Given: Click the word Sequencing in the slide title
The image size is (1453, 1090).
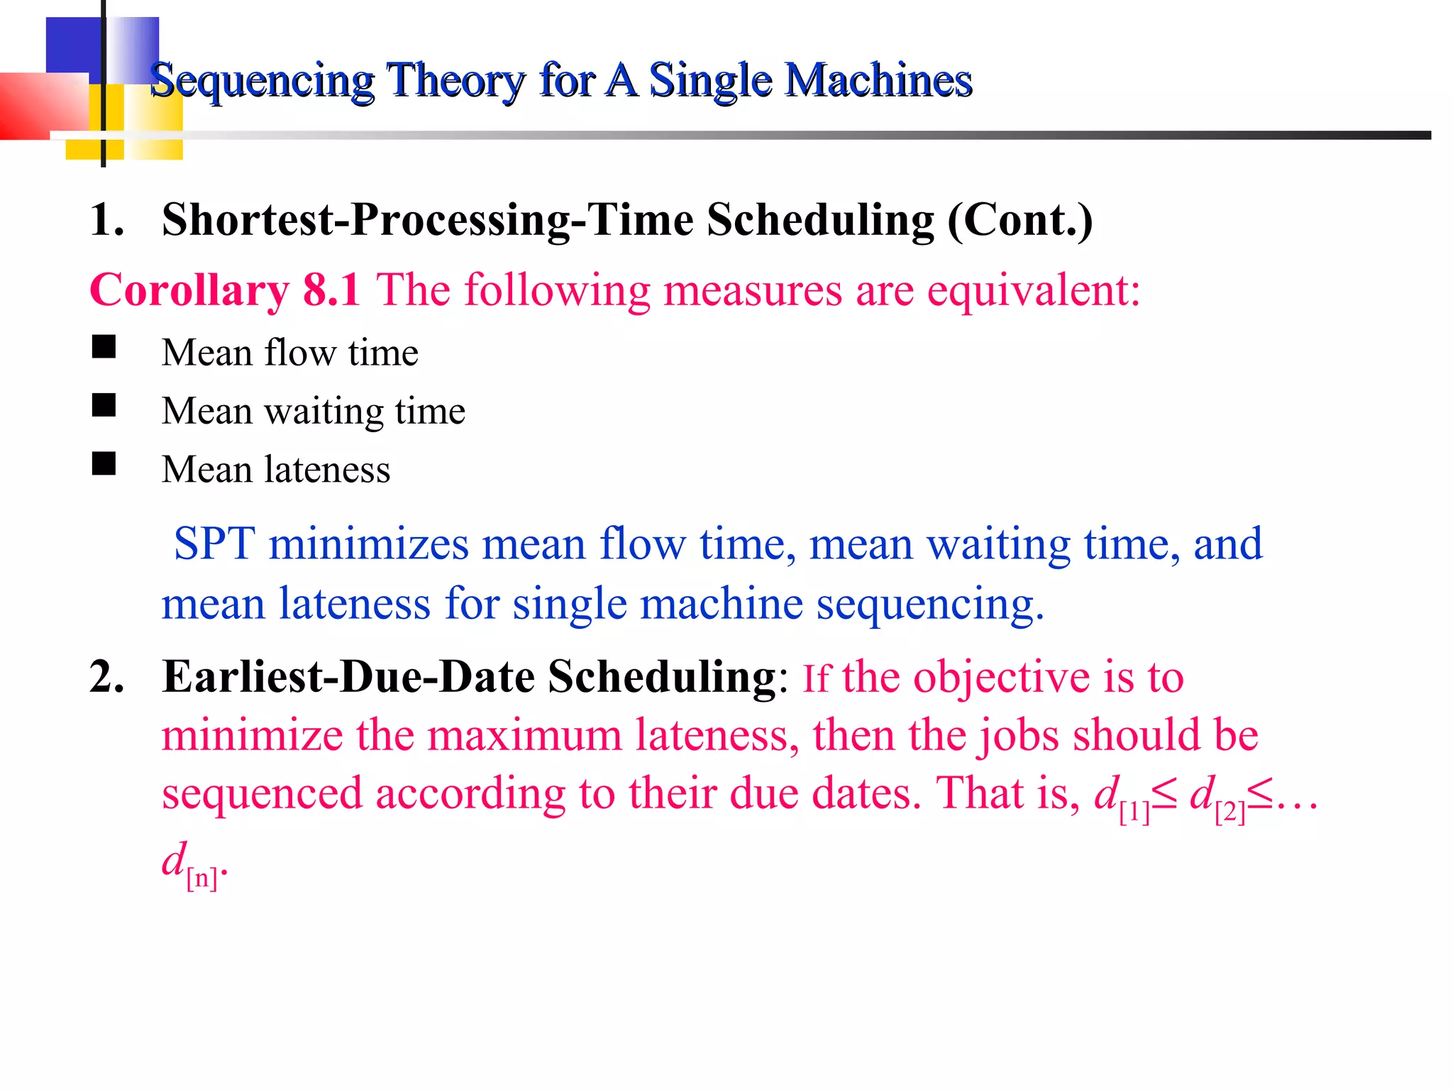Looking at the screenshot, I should point(262,81).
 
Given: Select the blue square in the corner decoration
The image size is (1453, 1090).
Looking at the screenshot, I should point(73,46).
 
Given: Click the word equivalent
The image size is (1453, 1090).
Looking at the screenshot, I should point(1033,291).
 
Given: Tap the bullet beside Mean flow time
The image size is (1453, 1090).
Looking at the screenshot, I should point(104,347).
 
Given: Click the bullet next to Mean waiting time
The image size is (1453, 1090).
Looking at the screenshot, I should point(104,405).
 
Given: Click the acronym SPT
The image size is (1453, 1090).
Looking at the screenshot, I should point(214,544).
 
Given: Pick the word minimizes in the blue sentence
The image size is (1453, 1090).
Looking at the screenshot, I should point(368,544).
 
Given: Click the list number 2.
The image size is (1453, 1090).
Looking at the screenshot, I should point(106,676).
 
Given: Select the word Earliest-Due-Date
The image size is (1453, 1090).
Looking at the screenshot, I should point(348,676).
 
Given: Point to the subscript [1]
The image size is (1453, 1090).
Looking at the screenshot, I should point(1134,812).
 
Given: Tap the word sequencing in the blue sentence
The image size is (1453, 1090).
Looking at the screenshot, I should point(929,604).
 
